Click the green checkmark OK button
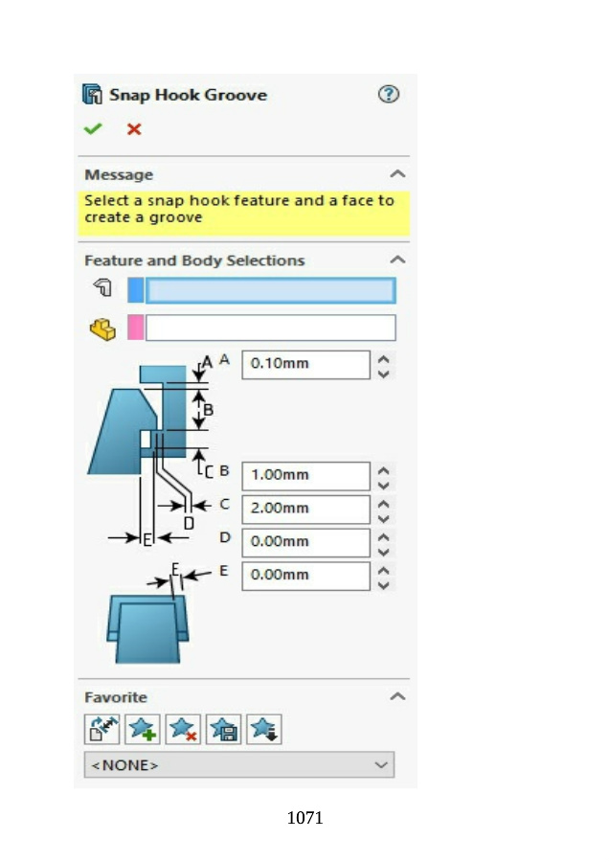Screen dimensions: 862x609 [93, 128]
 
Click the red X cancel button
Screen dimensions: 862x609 [134, 128]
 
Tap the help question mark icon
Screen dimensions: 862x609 [388, 94]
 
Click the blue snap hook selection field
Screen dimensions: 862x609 [269, 290]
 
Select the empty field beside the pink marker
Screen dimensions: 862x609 [269, 328]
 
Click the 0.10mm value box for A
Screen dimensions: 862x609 [304, 364]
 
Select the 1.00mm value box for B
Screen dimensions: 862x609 [304, 475]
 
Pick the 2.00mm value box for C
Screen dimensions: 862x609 [304, 509]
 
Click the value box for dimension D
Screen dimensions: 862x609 [304, 542]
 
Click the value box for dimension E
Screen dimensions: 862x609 [304, 576]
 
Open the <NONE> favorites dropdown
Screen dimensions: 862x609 [238, 765]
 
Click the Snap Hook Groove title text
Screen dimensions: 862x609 [188, 95]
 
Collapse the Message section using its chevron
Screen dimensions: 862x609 [398, 174]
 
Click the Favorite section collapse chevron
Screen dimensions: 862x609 [398, 697]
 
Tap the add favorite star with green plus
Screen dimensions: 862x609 [143, 730]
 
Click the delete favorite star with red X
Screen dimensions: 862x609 [183, 730]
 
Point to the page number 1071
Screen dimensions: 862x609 [304, 818]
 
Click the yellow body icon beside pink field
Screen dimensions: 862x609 [101, 329]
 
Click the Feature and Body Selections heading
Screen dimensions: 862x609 [194, 261]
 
